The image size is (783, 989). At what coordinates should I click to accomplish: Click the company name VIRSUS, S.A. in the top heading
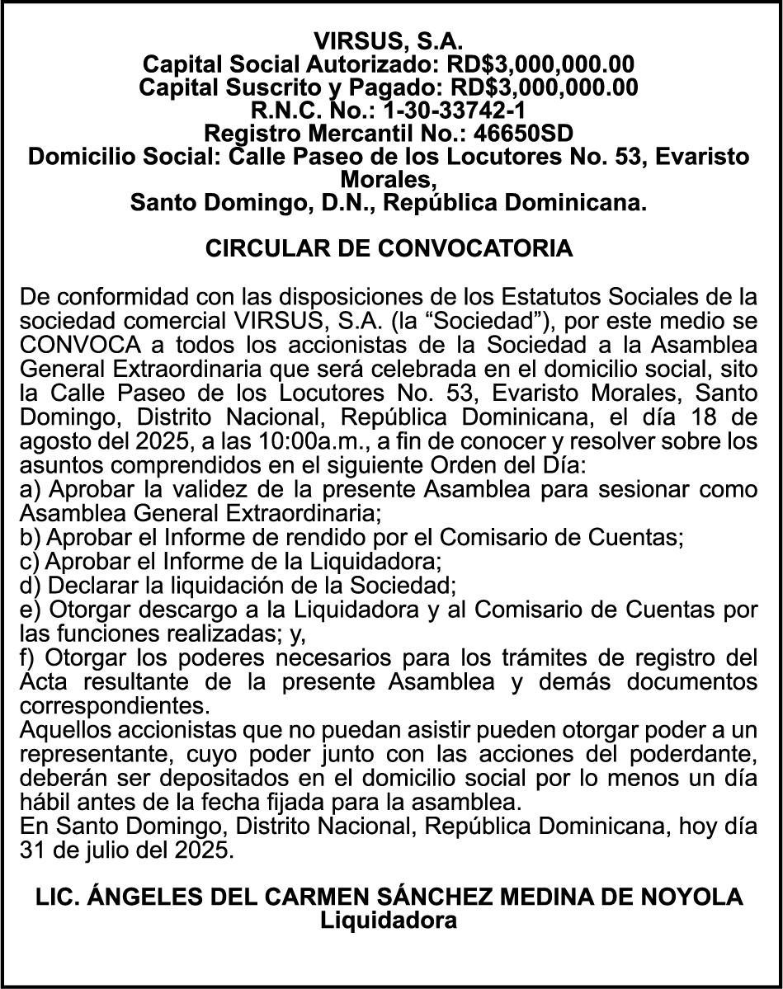389,40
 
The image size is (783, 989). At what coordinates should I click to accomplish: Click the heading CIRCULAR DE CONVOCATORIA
389,248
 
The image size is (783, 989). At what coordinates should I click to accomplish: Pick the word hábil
44,803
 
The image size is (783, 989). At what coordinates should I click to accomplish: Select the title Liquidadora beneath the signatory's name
389,921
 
